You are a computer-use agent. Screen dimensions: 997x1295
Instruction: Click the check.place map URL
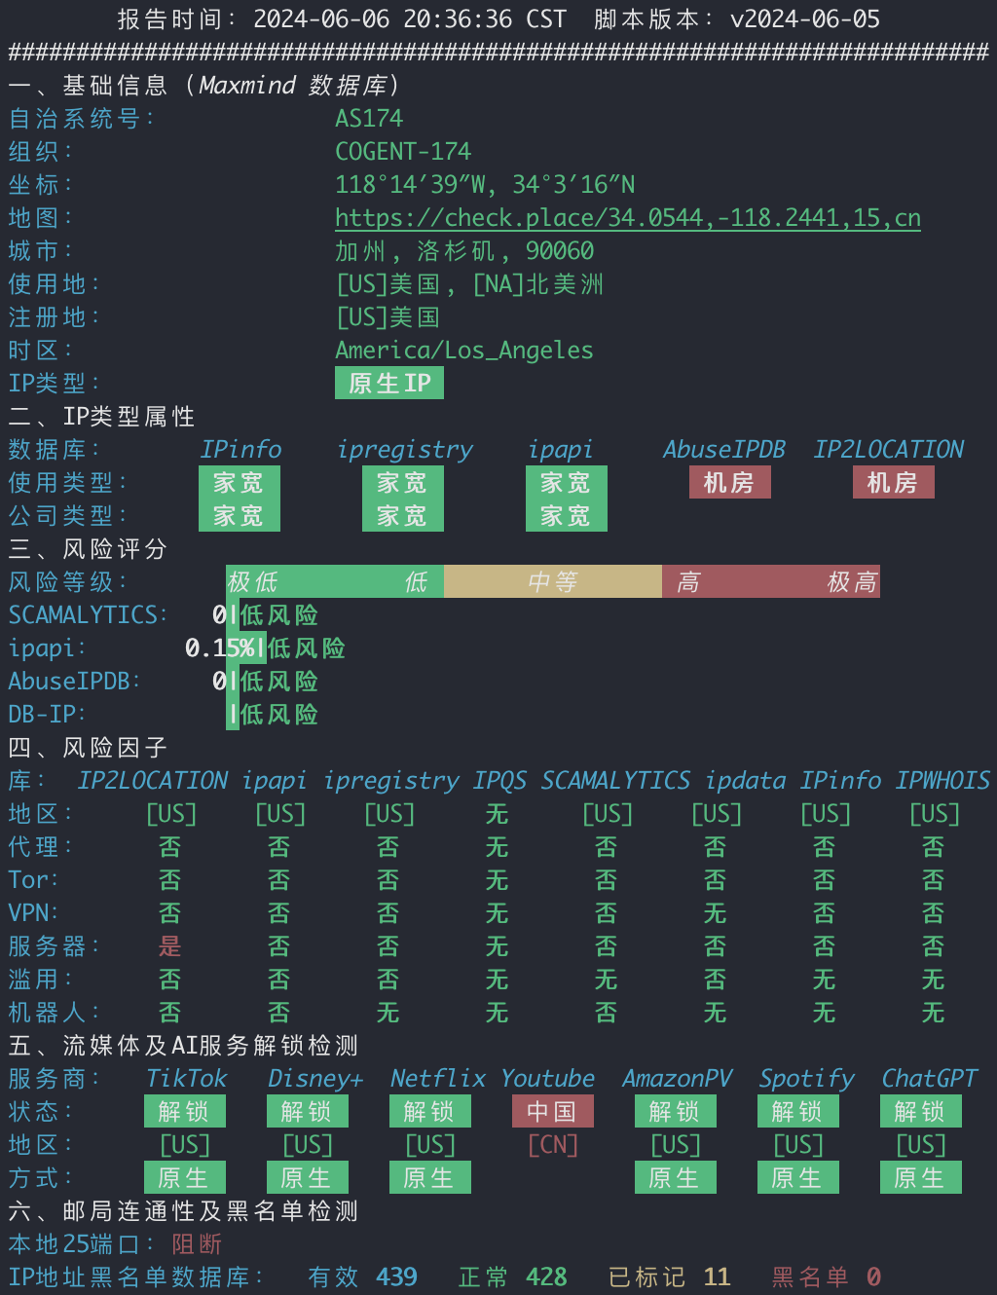tap(628, 218)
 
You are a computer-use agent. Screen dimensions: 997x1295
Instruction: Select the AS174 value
tap(369, 119)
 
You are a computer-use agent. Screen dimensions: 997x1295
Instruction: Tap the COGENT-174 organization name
tap(403, 151)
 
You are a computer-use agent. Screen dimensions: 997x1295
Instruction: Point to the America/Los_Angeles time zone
tap(464, 351)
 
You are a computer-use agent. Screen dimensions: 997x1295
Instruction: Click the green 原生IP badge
tap(389, 383)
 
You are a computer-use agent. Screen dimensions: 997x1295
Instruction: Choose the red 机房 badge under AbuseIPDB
tap(730, 482)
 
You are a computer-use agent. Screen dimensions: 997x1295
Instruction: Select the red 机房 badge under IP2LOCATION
tap(893, 482)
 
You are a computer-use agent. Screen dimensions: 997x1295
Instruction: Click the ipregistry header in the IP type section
tap(405, 450)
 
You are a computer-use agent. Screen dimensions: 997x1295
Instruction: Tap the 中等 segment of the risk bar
tap(552, 581)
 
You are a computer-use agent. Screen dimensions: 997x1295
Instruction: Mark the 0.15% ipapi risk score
tap(220, 648)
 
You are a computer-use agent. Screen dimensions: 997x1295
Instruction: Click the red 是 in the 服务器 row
tap(169, 945)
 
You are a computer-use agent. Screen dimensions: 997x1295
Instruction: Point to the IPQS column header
tap(499, 781)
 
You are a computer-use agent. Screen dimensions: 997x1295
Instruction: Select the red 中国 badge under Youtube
tap(553, 1111)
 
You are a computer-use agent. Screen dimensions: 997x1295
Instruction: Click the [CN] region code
tap(553, 1145)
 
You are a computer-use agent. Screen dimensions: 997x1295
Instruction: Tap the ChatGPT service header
tap(929, 1079)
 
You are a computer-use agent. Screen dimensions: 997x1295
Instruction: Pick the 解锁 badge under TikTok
tap(185, 1111)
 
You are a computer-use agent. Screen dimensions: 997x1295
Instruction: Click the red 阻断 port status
tap(197, 1244)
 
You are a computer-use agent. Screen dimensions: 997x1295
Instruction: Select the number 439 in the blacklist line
tap(396, 1277)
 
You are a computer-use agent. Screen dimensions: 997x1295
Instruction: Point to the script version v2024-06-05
tap(805, 19)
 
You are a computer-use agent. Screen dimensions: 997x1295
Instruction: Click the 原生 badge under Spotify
tap(798, 1177)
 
